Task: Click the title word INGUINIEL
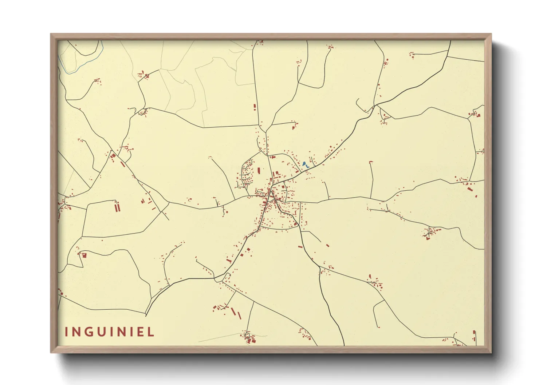[110, 332]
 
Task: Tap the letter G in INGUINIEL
[88, 332]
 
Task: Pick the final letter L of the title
[151, 332]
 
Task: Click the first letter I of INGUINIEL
[67, 332]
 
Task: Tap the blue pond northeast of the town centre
[304, 164]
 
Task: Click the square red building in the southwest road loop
[84, 255]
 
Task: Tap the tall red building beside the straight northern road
[255, 107]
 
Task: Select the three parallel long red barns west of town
[117, 207]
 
